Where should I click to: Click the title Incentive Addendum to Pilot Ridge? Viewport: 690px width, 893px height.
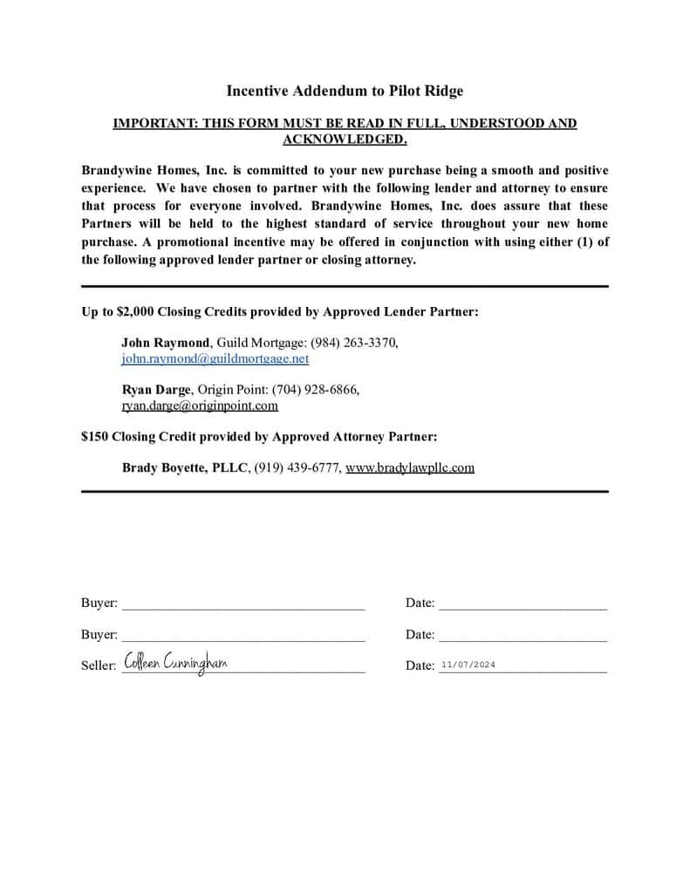coord(345,91)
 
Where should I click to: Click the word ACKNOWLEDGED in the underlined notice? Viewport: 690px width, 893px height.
coord(345,140)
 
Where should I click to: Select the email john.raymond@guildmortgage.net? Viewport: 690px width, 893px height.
coord(215,358)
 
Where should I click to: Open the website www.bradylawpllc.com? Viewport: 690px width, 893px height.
coord(410,467)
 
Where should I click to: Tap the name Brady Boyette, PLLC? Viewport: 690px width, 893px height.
coord(185,467)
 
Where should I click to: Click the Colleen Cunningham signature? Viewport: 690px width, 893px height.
coord(175,664)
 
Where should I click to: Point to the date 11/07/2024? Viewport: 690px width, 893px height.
coord(468,665)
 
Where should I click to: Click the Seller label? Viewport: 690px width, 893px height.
coord(98,665)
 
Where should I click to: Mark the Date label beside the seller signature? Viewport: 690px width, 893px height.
coord(420,665)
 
